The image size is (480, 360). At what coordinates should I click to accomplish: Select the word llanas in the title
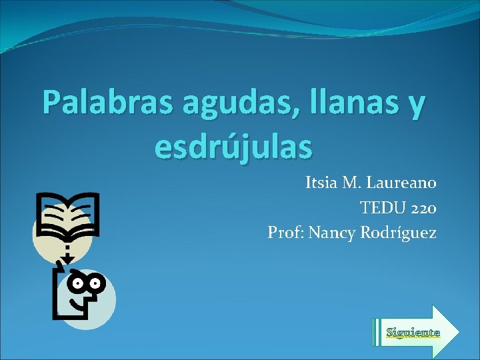pyautogui.click(x=336, y=103)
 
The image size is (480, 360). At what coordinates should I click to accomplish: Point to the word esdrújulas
pyautogui.click(x=233, y=145)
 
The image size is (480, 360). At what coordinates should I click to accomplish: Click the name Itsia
pyautogui.click(x=323, y=182)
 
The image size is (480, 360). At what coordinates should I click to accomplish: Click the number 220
pyautogui.click(x=423, y=207)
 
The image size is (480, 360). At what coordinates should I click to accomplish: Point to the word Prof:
pyautogui.click(x=285, y=233)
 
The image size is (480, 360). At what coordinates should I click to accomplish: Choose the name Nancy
pyautogui.click(x=331, y=233)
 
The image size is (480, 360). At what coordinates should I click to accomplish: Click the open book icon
pyautogui.click(x=67, y=215)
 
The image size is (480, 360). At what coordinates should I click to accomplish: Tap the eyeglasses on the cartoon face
pyautogui.click(x=87, y=283)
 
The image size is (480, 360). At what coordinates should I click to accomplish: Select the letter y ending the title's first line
pyautogui.click(x=414, y=107)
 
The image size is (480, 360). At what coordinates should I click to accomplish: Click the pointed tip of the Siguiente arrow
pyautogui.click(x=458, y=331)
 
